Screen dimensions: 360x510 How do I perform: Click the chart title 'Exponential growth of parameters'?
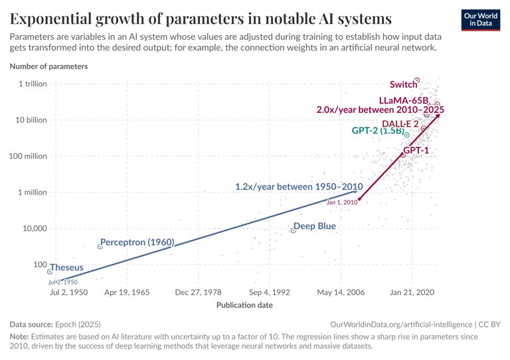tap(201, 18)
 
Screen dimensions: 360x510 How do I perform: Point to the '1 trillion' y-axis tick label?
tap(33, 84)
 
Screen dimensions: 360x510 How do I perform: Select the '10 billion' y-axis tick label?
tap(31, 120)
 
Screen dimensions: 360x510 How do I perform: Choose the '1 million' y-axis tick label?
tap(33, 193)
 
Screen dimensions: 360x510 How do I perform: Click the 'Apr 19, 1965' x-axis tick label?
tap(127, 292)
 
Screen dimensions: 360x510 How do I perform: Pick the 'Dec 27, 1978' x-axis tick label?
tap(198, 292)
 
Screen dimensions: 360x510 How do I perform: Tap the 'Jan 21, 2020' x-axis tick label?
tap(412, 292)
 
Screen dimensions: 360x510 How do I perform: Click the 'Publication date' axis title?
tap(244, 305)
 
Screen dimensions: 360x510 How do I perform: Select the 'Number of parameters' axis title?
tap(48, 66)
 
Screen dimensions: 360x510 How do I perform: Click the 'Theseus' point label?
tap(66, 268)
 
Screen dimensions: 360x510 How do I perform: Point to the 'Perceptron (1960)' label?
tap(137, 242)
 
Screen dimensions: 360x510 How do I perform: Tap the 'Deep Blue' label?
tap(315, 226)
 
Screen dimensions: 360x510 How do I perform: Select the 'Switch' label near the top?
tap(403, 84)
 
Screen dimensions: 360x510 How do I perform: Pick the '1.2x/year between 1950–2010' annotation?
tap(299, 187)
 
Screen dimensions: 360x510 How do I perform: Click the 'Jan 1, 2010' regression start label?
tap(342, 202)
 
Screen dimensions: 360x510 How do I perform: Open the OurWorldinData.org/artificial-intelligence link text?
tap(401, 324)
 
